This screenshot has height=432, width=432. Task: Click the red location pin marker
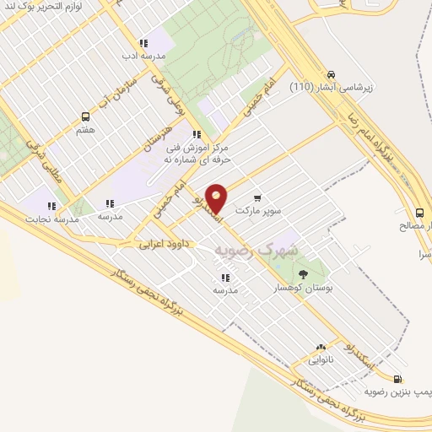point(217,197)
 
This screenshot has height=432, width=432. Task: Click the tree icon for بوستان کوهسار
point(302,273)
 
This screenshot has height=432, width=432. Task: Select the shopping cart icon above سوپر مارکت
point(256,197)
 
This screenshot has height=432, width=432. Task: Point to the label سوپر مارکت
point(257,209)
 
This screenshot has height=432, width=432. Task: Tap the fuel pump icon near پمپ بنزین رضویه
point(397,381)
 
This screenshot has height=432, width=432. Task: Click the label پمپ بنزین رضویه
point(396,392)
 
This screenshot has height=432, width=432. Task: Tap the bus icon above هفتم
point(84,117)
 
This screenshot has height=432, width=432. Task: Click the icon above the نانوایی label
point(320,347)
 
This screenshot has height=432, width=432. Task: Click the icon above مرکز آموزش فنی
point(196,134)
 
